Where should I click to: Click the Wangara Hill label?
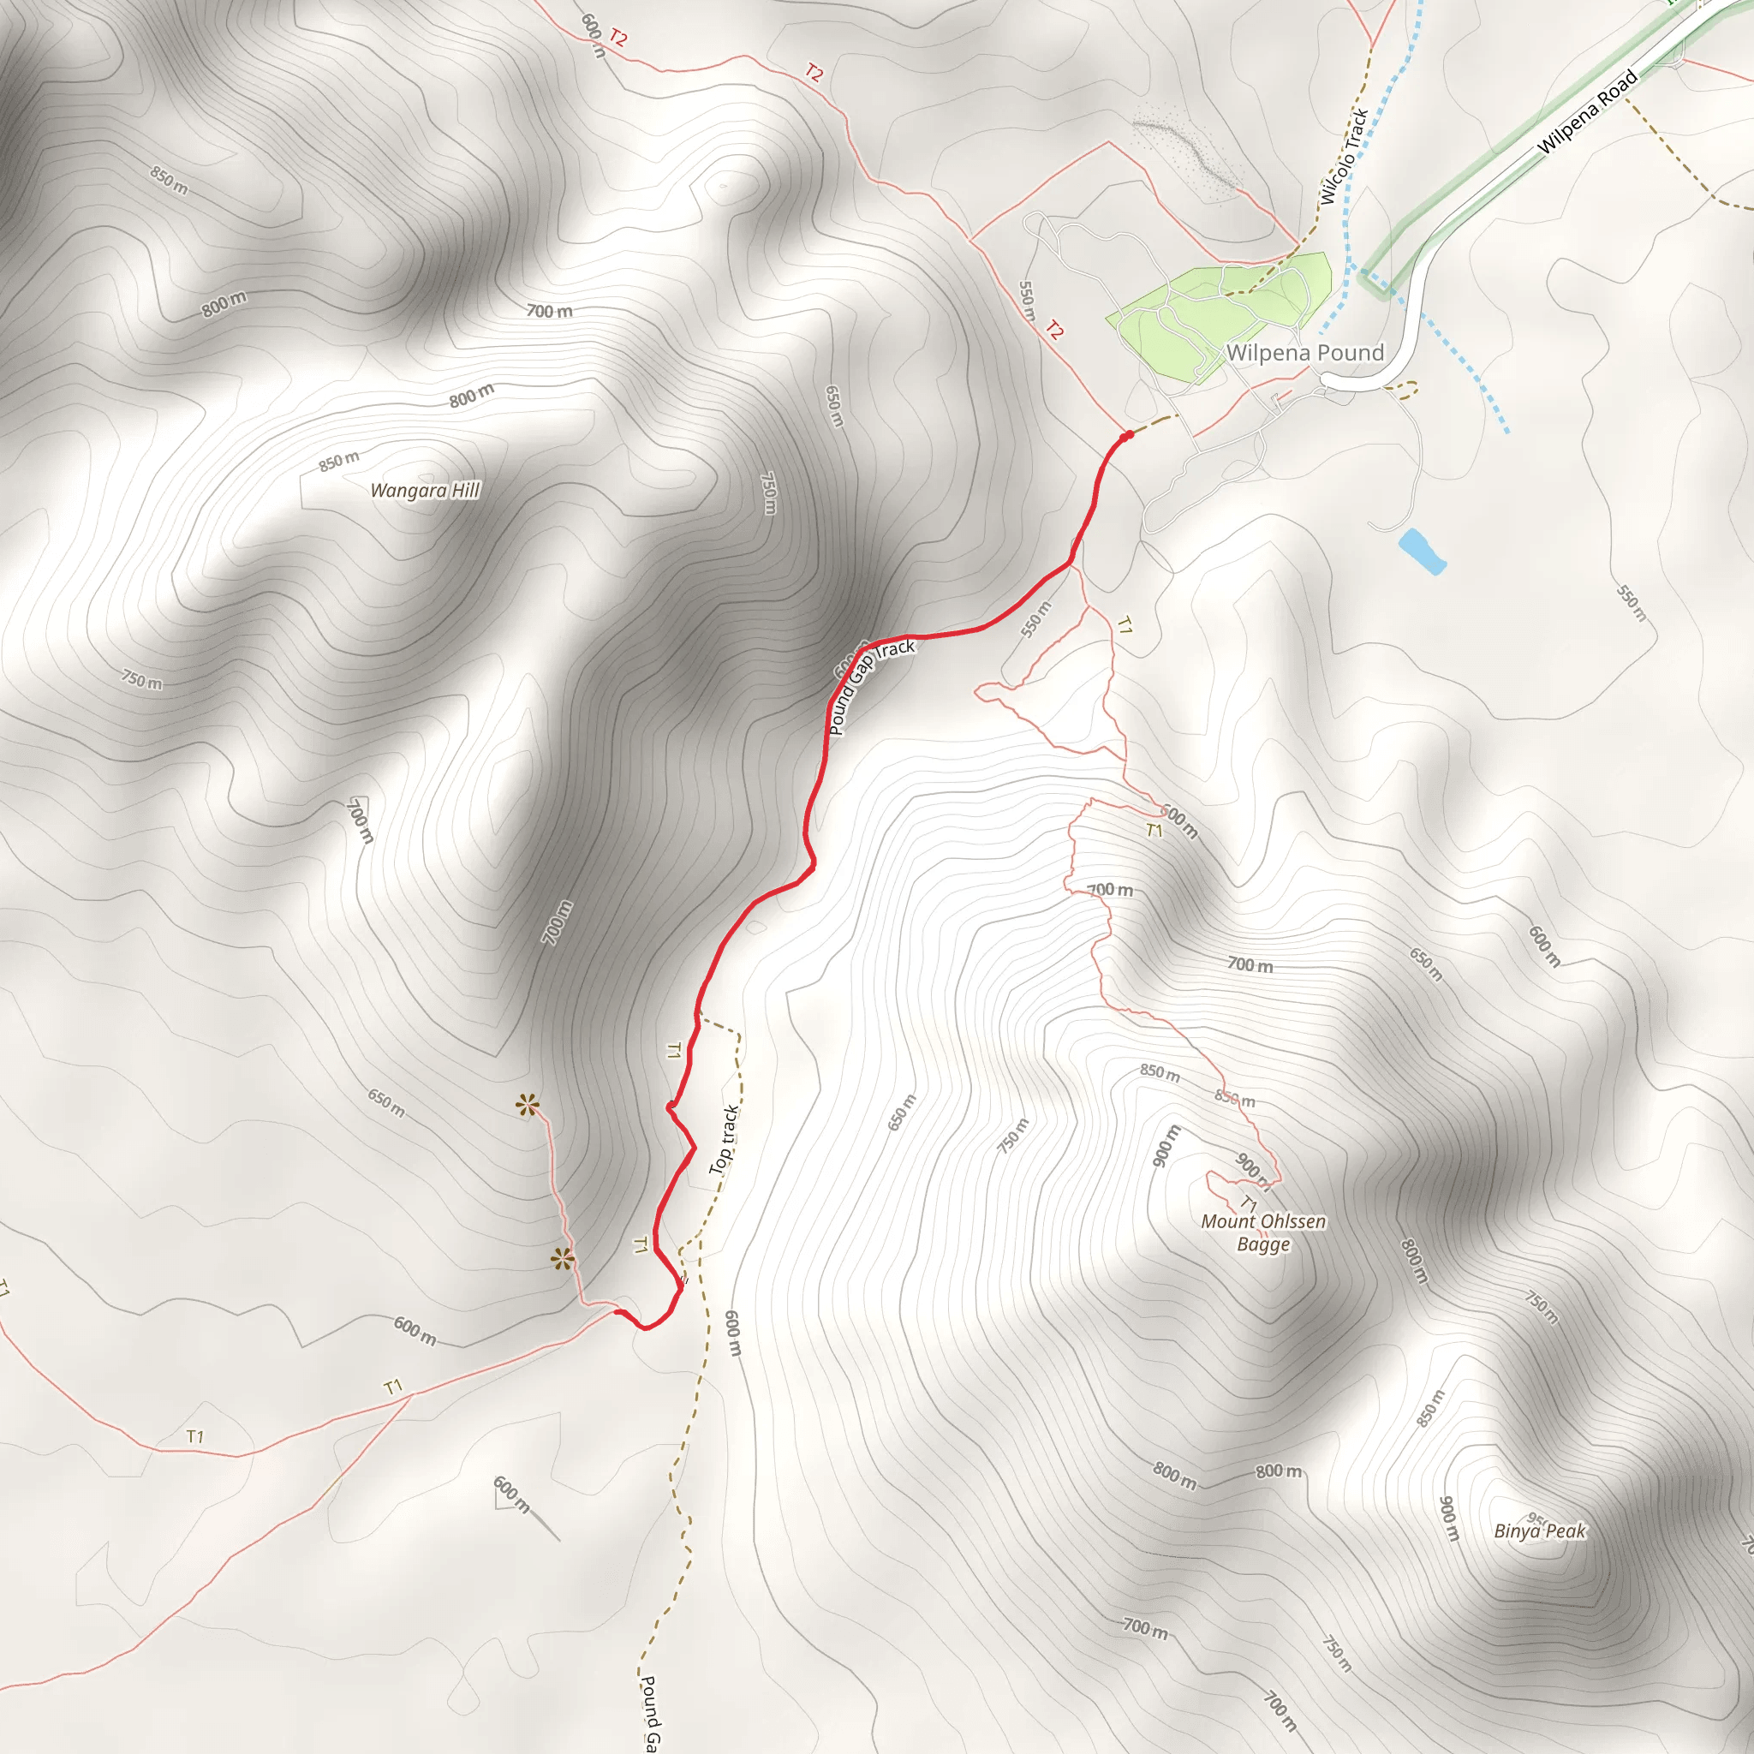[425, 491]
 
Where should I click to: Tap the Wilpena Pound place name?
[1304, 352]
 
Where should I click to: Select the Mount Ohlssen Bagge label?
[1263, 1232]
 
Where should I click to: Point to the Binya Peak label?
[1540, 1530]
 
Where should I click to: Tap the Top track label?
[724, 1139]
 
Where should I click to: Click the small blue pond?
[1422, 551]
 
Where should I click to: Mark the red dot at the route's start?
[1128, 436]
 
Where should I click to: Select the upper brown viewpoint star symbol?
[527, 1105]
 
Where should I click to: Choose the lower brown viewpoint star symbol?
[562, 1259]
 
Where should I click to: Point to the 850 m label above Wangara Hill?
[338, 462]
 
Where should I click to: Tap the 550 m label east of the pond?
[1632, 603]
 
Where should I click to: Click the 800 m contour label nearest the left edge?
[224, 304]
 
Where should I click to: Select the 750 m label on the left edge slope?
[142, 679]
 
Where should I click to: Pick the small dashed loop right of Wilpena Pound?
[1403, 390]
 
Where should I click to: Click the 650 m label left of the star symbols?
[386, 1103]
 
